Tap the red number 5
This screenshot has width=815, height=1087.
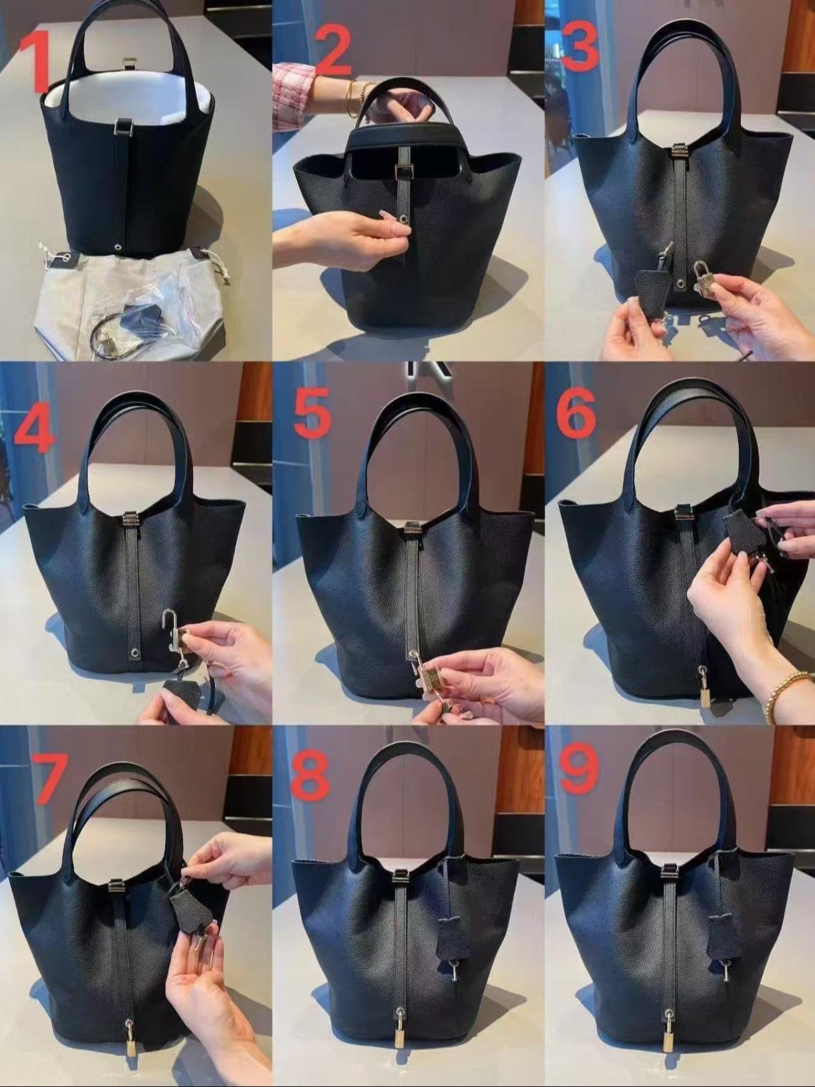pyautogui.click(x=312, y=411)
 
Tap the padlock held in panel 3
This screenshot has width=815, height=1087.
pyautogui.click(x=702, y=274)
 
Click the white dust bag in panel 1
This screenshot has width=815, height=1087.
pyautogui.click(x=121, y=302)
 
